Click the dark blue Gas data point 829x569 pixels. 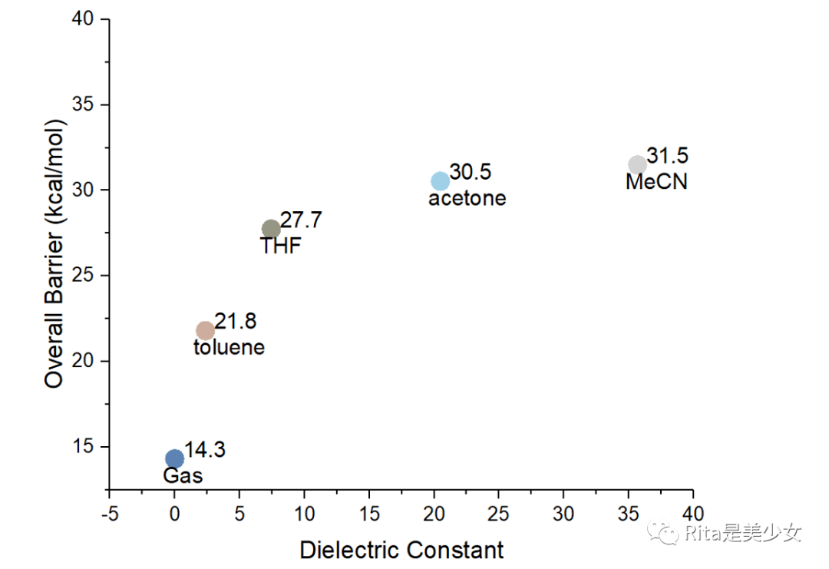175,458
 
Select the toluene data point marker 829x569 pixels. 206,330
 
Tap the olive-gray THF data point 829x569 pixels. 271,229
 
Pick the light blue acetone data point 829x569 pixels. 440,181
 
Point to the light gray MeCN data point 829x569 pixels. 638,164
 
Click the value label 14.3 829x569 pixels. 205,450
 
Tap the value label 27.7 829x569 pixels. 301,220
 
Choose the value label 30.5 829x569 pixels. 471,172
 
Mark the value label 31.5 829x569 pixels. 668,156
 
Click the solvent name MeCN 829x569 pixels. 656,182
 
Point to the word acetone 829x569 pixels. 467,198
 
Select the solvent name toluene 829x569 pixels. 229,347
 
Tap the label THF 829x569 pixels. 281,246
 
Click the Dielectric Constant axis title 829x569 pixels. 401,550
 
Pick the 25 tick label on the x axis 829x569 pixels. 499,512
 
